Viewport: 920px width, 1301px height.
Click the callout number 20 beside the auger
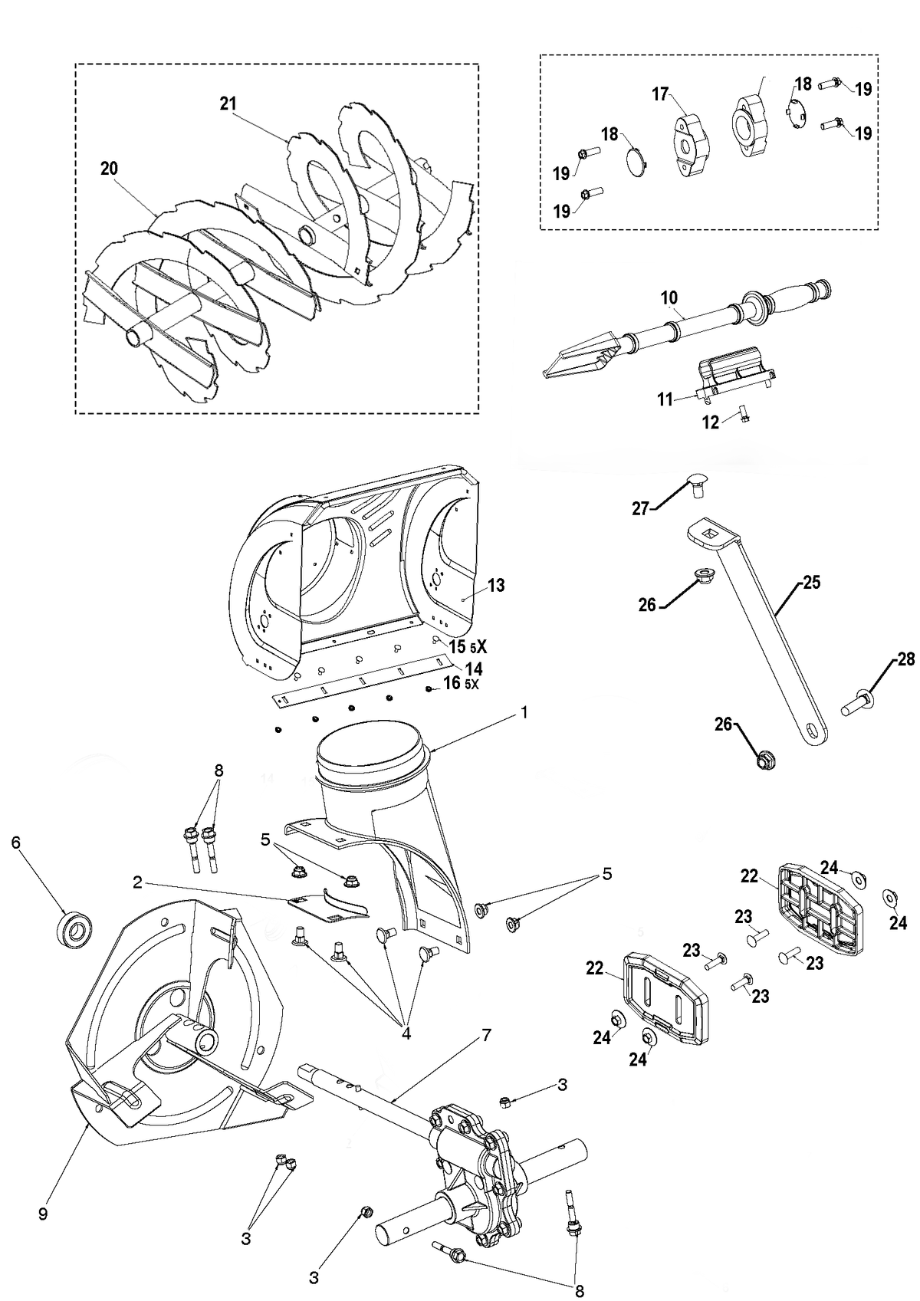pos(109,169)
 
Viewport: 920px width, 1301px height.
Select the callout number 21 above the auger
pos(228,103)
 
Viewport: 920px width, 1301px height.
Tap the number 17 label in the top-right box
pos(660,94)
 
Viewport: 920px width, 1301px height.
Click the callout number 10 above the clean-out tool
pos(669,297)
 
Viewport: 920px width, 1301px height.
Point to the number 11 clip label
pos(665,399)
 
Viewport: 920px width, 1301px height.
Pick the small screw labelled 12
pos(744,413)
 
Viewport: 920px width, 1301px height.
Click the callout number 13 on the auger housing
pos(496,585)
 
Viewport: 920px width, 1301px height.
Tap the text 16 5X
pos(462,683)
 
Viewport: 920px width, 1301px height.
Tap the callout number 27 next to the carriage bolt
pos(640,509)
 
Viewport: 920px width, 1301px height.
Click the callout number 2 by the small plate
pos(137,882)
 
